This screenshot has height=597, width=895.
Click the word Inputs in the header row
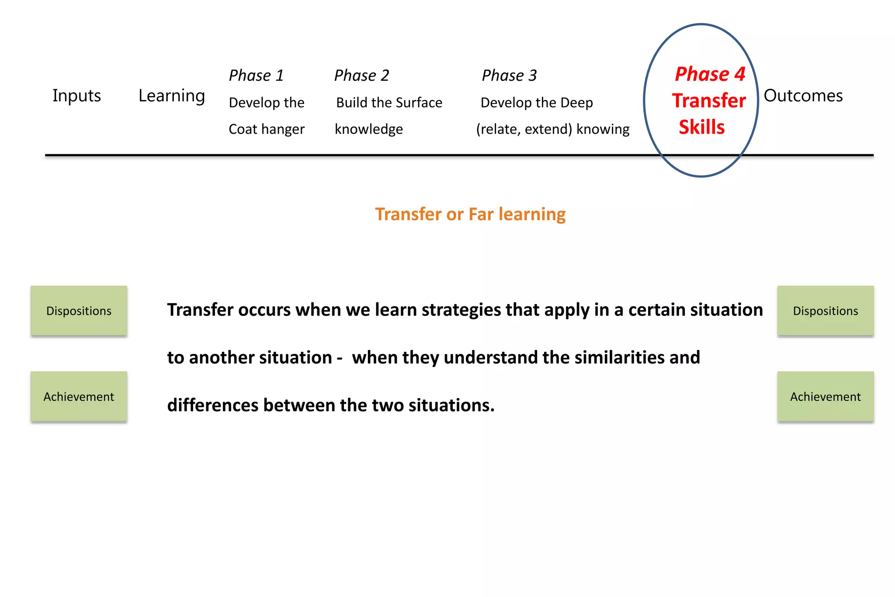(76, 96)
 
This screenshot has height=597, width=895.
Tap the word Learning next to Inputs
(171, 96)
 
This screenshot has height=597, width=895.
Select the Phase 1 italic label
(256, 76)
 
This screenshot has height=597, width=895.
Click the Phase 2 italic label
(361, 76)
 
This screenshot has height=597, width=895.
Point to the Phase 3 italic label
(509, 76)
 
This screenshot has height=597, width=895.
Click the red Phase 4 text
(710, 74)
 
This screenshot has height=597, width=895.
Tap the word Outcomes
(803, 96)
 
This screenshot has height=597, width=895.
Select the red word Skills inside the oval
(701, 127)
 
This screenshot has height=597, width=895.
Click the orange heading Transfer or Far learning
(470, 214)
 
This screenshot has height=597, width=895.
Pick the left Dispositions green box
(79, 311)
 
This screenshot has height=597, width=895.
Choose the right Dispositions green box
(826, 311)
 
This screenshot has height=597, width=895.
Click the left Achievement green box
(79, 397)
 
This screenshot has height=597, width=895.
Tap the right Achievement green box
(826, 397)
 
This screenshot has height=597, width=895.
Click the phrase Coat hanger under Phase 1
(267, 129)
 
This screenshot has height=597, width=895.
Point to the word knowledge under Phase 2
(369, 129)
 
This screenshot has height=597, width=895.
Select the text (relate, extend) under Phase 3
(524, 129)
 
